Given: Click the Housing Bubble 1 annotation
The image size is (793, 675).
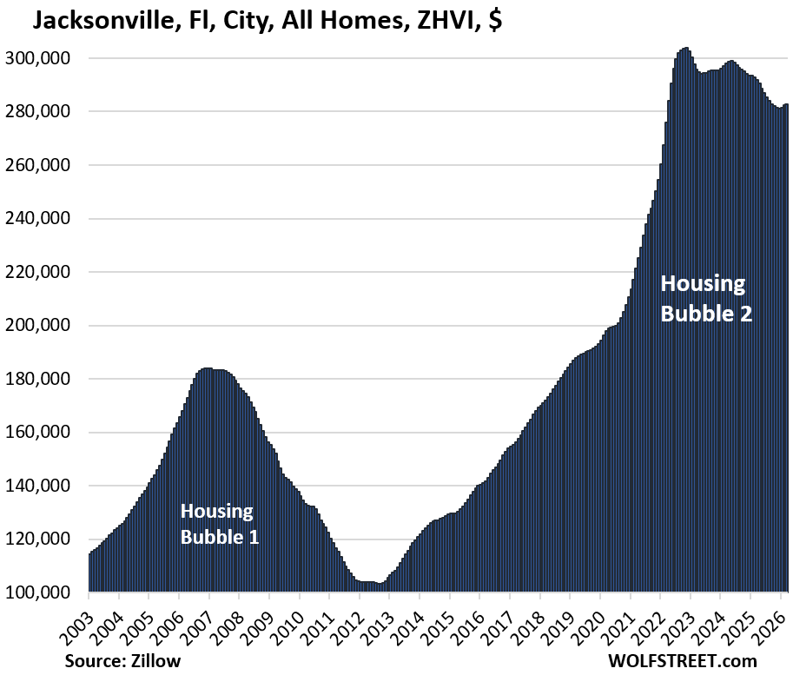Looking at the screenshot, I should point(219,524).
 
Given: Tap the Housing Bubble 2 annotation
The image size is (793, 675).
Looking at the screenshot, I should point(705,298).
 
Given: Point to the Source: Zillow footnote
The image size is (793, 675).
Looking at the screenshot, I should point(122,660).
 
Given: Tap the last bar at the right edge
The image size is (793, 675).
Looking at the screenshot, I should point(786,347).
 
